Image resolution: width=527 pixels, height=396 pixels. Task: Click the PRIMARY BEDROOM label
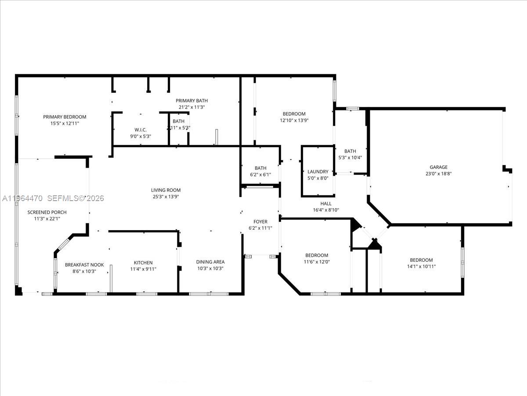[65, 117]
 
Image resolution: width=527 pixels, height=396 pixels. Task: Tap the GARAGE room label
[438, 167]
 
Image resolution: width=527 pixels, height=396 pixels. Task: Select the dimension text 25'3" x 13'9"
[166, 197]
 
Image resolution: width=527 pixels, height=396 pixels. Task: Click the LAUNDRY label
[318, 172]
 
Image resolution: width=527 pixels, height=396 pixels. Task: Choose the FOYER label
[260, 222]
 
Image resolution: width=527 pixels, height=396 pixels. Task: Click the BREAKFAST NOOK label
[84, 265]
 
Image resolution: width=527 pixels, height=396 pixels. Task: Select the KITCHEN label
[143, 263]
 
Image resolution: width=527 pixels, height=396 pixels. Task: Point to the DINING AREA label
[210, 262]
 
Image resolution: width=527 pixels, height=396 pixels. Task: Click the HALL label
[326, 203]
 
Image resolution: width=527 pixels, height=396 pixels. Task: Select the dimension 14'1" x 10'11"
[421, 266]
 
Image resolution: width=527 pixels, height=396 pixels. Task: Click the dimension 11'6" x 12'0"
[317, 262]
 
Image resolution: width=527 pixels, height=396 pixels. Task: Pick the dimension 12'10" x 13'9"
[294, 120]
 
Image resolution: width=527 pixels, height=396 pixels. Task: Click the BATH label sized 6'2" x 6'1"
[260, 168]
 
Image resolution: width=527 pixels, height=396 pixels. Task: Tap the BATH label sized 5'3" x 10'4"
[350, 151]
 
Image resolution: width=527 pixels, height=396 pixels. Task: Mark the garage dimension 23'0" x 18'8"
[438, 173]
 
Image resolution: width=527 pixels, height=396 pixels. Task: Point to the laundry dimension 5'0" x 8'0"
[318, 178]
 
